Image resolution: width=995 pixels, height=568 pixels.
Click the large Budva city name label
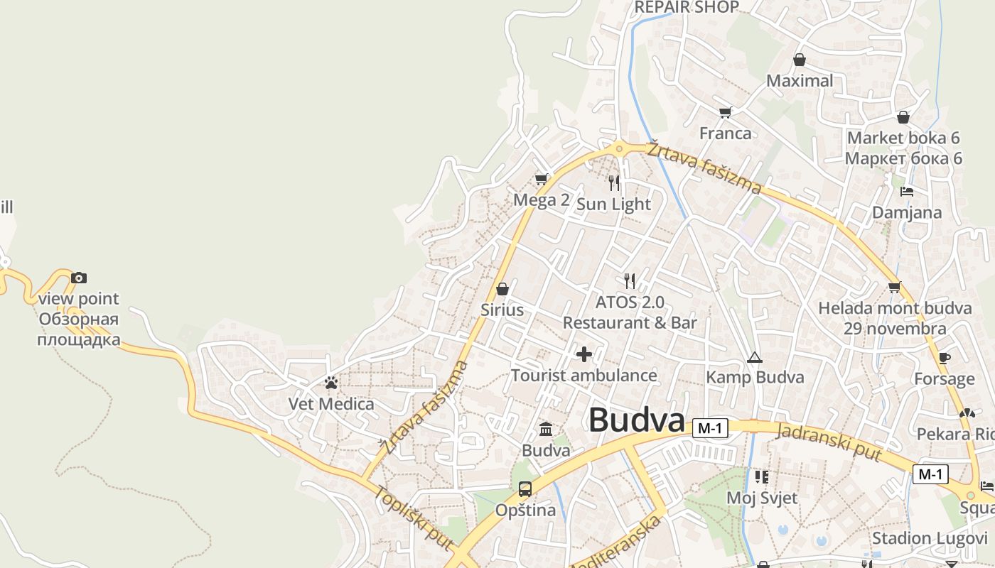(636, 420)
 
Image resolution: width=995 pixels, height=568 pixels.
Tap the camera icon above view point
(79, 278)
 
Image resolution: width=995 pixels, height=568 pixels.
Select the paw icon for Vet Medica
(330, 383)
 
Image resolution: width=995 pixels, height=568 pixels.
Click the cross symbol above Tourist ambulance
(584, 354)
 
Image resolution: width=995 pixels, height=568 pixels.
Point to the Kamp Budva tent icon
(754, 357)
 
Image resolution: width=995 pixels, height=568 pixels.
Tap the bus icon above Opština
(525, 488)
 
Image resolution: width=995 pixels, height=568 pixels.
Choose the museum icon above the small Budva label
(546, 429)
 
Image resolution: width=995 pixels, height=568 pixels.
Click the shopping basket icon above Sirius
(502, 289)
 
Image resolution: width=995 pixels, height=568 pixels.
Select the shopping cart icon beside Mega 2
(542, 180)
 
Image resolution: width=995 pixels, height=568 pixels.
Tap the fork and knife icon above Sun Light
(614, 183)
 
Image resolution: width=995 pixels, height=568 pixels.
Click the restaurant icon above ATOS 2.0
(629, 280)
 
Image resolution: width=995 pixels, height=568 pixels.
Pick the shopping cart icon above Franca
(725, 112)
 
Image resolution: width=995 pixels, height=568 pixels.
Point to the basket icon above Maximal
(800, 60)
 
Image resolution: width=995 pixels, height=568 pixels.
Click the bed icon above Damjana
(906, 191)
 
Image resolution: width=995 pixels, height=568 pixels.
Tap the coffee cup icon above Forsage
(944, 358)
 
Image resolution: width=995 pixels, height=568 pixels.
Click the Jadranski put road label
(829, 442)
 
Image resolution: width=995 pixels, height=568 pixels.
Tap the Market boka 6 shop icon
(903, 117)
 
